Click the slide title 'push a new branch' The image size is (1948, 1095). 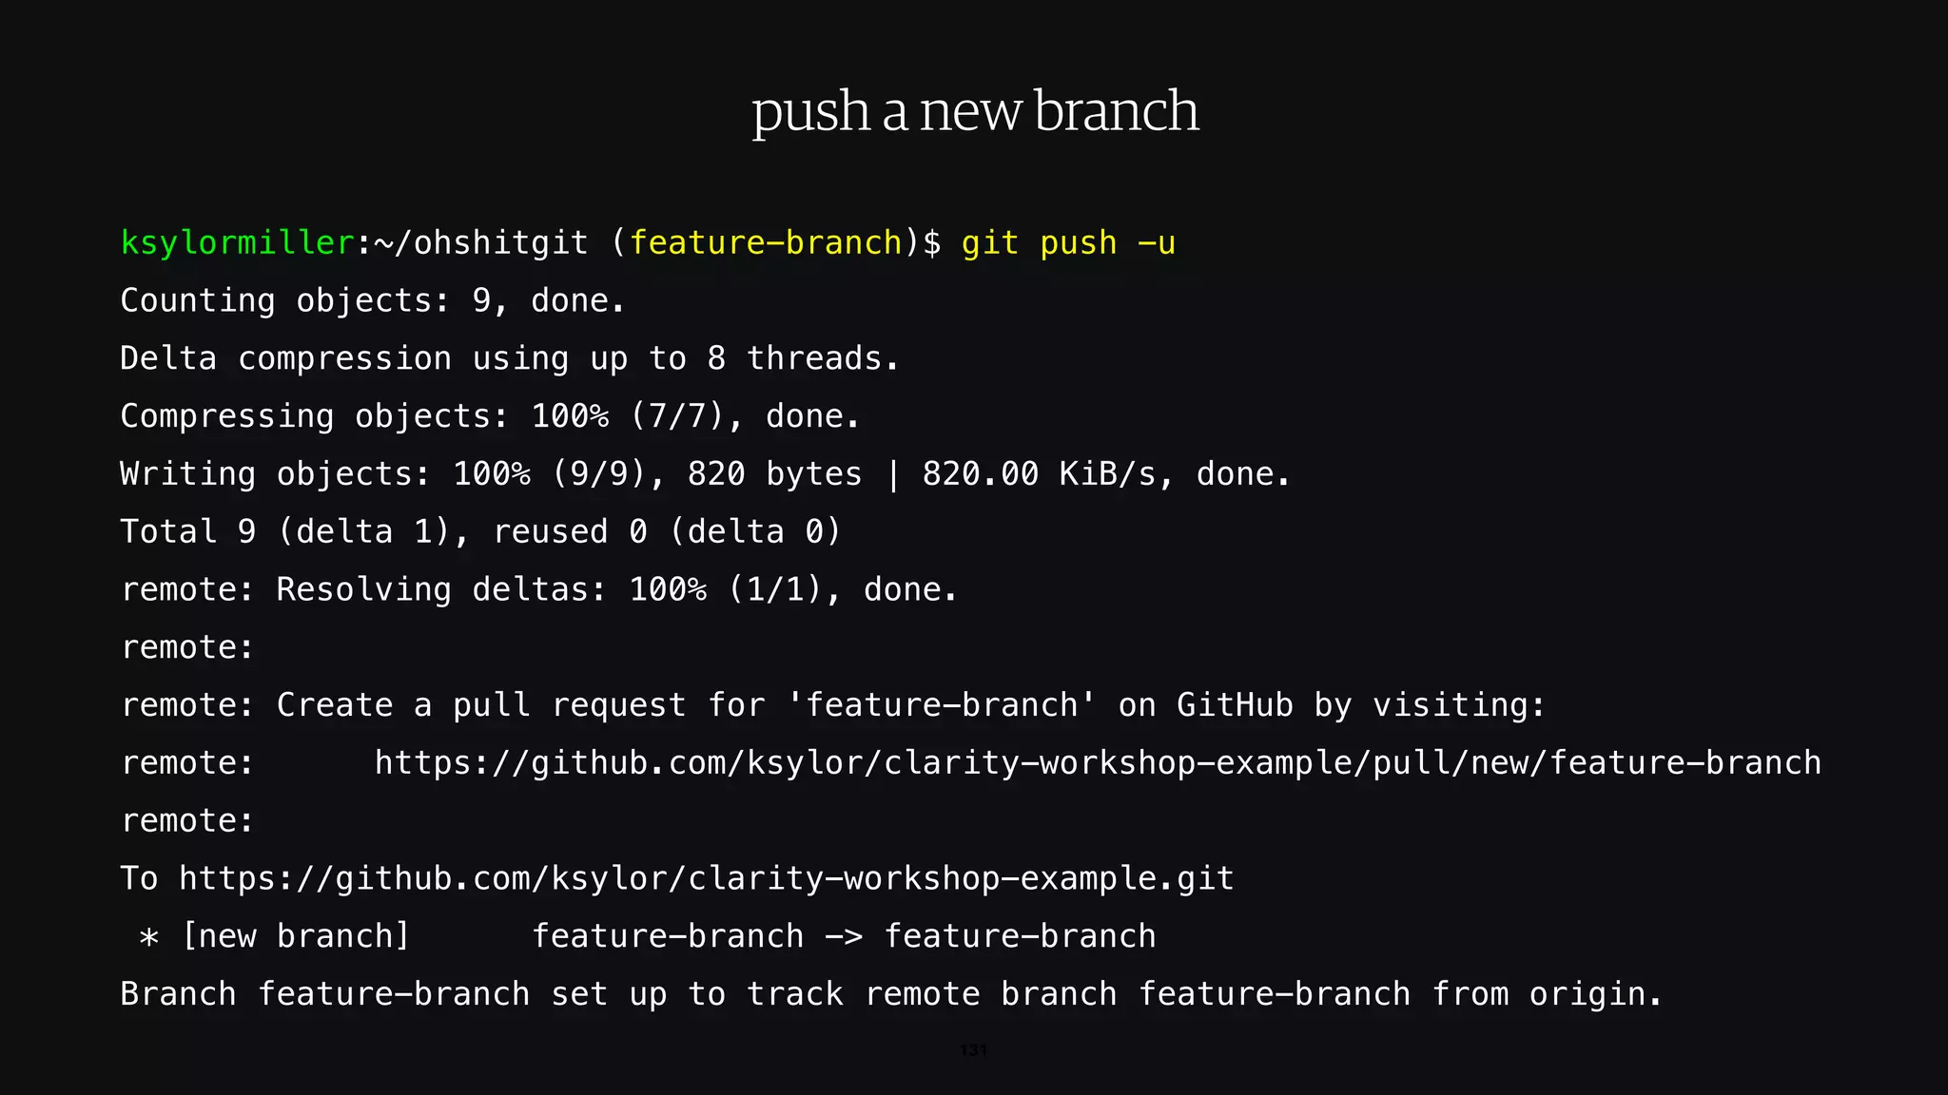click(974, 111)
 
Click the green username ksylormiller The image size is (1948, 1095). click(237, 243)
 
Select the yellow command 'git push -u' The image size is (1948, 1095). click(1068, 243)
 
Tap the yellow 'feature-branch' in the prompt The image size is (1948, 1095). click(766, 243)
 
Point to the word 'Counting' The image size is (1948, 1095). click(198, 301)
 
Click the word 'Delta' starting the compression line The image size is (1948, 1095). click(168, 359)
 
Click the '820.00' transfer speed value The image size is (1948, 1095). click(980, 474)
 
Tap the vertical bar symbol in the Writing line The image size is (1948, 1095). click(892, 474)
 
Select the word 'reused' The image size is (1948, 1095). click(550, 532)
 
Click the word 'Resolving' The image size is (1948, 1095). click(363, 590)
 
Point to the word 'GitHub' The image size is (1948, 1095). click(1235, 705)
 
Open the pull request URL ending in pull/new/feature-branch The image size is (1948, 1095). click(1098, 763)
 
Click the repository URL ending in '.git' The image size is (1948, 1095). click(706, 878)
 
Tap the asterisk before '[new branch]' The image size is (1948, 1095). click(148, 937)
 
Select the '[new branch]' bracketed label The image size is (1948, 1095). click(296, 936)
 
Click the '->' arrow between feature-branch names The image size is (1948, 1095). click(844, 937)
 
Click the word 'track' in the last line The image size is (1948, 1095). click(794, 994)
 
